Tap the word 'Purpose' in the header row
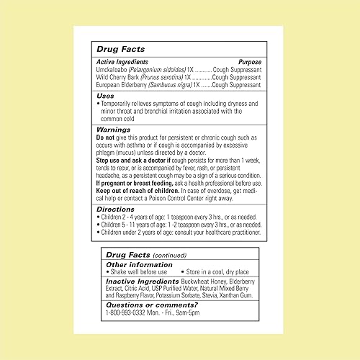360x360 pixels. [249, 63]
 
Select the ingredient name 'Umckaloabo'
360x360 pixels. [114, 70]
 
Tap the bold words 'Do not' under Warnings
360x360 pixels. [104, 137]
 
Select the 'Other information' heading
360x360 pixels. [135, 264]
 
